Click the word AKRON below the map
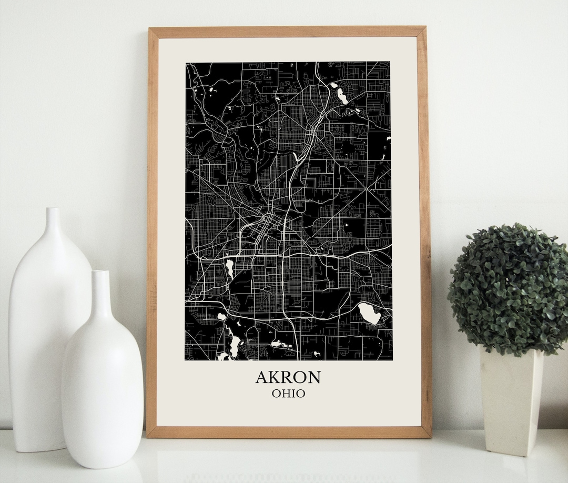pyautogui.click(x=288, y=377)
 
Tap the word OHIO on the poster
pyautogui.click(x=288, y=393)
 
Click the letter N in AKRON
pyautogui.click(x=314, y=377)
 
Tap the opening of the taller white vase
pyautogui.click(x=52, y=209)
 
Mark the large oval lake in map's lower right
pyautogui.click(x=370, y=314)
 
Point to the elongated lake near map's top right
pyautogui.click(x=342, y=95)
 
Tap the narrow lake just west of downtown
pyautogui.click(x=229, y=268)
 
